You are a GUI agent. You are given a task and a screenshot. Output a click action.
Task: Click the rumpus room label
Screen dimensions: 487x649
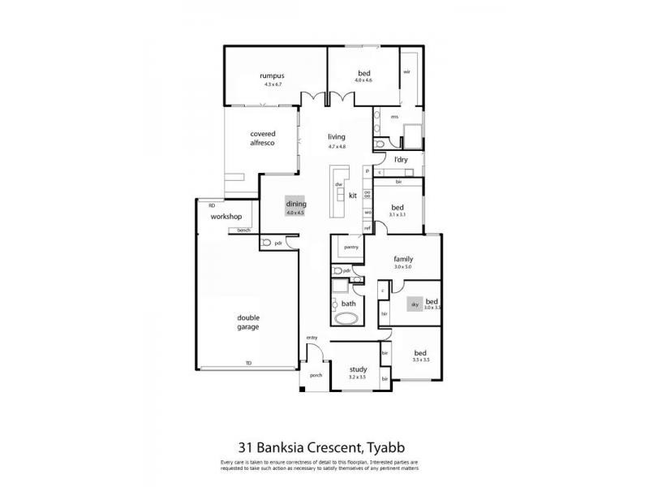coord(272,75)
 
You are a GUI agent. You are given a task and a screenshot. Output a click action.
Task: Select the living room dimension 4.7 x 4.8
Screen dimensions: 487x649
coord(337,147)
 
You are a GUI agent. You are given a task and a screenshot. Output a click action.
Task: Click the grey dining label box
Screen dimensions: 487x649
coord(294,207)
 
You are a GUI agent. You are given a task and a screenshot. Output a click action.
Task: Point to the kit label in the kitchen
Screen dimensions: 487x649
coord(353,196)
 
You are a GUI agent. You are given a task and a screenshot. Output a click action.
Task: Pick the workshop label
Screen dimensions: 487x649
coord(227,218)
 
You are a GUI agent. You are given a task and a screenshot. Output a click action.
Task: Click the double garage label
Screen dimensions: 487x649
coord(248,322)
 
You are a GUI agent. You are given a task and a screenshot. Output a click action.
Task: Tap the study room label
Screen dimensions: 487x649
coord(358,370)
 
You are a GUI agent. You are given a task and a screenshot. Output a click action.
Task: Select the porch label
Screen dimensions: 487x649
coord(316,375)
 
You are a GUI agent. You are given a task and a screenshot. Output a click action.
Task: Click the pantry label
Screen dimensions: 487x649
coord(351,247)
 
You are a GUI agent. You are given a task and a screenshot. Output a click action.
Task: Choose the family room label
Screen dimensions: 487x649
coord(403,259)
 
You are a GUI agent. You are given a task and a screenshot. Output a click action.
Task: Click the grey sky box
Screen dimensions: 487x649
coord(414,304)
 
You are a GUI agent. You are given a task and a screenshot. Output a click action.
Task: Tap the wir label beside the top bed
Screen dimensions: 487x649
coord(407,71)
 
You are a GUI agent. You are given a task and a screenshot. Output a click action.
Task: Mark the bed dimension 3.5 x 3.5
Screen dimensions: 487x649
coord(420,359)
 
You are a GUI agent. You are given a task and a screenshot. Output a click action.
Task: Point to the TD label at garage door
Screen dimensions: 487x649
coord(248,363)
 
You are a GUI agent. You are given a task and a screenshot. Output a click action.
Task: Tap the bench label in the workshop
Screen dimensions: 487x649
coord(243,231)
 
